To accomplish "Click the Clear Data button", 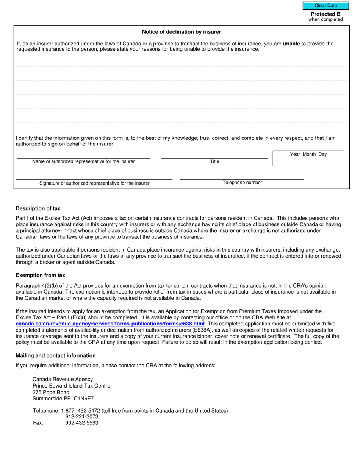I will (x=326, y=6).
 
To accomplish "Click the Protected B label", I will (x=325, y=14).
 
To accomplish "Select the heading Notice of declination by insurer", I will (x=181, y=32).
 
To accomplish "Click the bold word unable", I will (x=291, y=44).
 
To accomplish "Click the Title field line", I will (x=214, y=156).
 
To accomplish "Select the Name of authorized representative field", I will (x=83, y=156).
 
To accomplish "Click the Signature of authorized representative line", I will (x=94, y=177).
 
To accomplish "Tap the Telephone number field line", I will (x=242, y=177).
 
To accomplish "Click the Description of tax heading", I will (x=38, y=209).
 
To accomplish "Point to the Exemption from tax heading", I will (x=40, y=275).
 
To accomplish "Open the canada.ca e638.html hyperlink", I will (x=110, y=324).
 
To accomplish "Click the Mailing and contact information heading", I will (x=56, y=355).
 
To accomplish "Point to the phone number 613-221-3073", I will (x=81, y=417).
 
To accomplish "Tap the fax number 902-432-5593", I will (x=81, y=423).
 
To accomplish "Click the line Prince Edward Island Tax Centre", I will (x=71, y=386).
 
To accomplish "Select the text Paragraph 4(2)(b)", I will (x=36, y=285).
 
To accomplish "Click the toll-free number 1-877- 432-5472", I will (x=80, y=411).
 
